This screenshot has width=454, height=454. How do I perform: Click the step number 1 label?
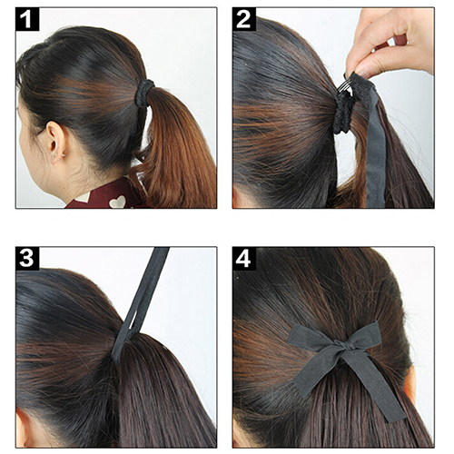(x=27, y=19)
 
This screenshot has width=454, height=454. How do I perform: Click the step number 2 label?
(x=244, y=19)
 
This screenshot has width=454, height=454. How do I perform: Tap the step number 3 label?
(x=27, y=259)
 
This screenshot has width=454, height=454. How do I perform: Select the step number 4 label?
(x=244, y=259)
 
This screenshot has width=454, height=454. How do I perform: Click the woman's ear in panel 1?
(x=56, y=142)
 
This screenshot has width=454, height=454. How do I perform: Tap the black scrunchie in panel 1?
(x=144, y=93)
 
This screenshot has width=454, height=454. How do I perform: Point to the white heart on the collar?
(x=118, y=202)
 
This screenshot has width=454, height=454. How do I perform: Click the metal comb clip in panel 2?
(x=344, y=88)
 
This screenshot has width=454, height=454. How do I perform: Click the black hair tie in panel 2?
(x=343, y=114)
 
